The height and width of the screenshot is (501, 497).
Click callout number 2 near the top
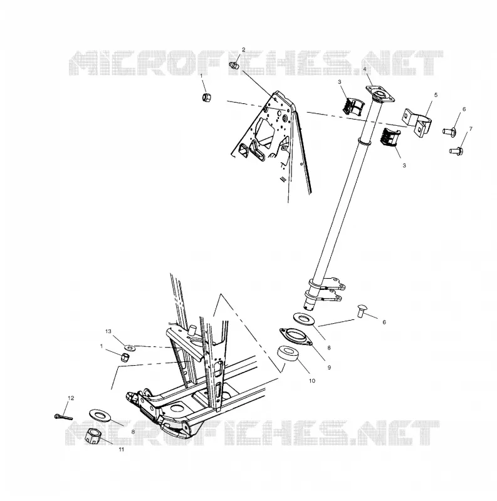(243, 50)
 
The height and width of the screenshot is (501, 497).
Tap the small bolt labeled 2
(234, 66)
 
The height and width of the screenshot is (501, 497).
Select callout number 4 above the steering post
(365, 70)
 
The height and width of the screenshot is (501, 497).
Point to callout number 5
(436, 95)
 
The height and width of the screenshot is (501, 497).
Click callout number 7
(471, 129)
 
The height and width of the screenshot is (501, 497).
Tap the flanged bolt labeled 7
(456, 150)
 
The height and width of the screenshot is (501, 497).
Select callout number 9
(329, 368)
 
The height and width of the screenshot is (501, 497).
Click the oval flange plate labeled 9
(296, 337)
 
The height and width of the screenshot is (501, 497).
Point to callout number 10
(312, 381)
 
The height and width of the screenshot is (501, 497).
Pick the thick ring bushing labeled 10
(287, 354)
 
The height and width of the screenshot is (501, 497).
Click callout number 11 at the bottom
(121, 450)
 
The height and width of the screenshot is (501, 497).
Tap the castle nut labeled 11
(94, 436)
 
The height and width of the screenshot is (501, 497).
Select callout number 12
(71, 398)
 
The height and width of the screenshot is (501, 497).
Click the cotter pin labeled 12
(63, 416)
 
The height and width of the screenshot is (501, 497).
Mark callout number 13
(108, 331)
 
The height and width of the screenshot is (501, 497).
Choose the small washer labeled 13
(130, 347)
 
